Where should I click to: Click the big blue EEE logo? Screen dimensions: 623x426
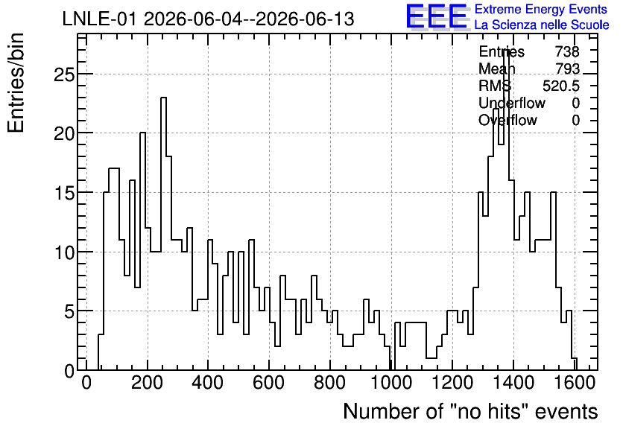pos(437,17)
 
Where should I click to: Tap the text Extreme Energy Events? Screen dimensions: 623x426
pos(541,9)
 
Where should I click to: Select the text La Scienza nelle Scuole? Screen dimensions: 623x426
pos(542,25)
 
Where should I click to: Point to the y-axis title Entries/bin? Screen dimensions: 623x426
pos(16,83)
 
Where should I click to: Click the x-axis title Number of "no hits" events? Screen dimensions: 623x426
pos(470,411)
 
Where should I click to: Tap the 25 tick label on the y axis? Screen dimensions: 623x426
pos(64,74)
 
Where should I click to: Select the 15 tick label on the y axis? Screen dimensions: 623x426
pos(64,193)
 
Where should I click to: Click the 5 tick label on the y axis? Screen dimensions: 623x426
pos(69,311)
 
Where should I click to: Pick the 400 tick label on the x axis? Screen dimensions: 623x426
pos(208,383)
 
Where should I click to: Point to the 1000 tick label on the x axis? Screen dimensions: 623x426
pos(391,383)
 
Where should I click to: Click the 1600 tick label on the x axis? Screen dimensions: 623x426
pos(574,383)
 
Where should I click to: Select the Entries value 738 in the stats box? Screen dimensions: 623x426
pos(567,51)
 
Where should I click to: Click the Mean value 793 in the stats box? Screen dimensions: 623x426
pos(567,69)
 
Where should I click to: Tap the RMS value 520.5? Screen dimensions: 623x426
pos(561,86)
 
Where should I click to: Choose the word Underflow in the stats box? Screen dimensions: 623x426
pos(512,103)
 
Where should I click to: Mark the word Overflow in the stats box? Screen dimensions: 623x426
pos(507,120)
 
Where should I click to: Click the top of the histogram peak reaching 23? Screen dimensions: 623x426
pos(163,98)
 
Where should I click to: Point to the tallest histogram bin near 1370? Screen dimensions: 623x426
pos(506,51)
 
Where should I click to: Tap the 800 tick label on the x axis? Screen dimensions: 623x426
pos(330,383)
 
